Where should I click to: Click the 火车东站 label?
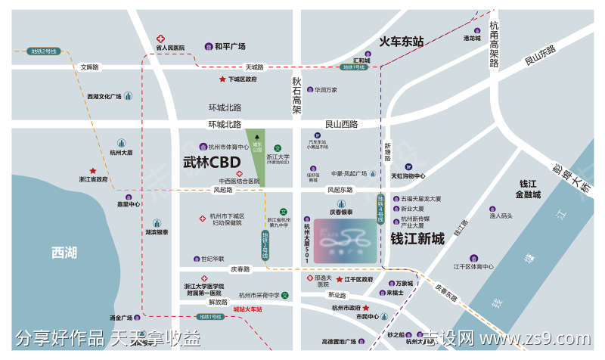401,40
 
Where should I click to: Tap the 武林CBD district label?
212,162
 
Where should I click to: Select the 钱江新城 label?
417,238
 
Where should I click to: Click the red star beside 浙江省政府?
93,171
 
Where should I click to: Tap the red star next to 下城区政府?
222,79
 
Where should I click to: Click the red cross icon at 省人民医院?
160,39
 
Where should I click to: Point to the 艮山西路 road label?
341,124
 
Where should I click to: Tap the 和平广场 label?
230,47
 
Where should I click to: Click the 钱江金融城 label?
527,188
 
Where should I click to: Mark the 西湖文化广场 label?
104,96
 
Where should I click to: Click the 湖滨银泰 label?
157,233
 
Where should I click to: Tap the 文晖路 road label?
90,67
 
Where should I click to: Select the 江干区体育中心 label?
473,266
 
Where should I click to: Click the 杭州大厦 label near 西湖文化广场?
121,152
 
